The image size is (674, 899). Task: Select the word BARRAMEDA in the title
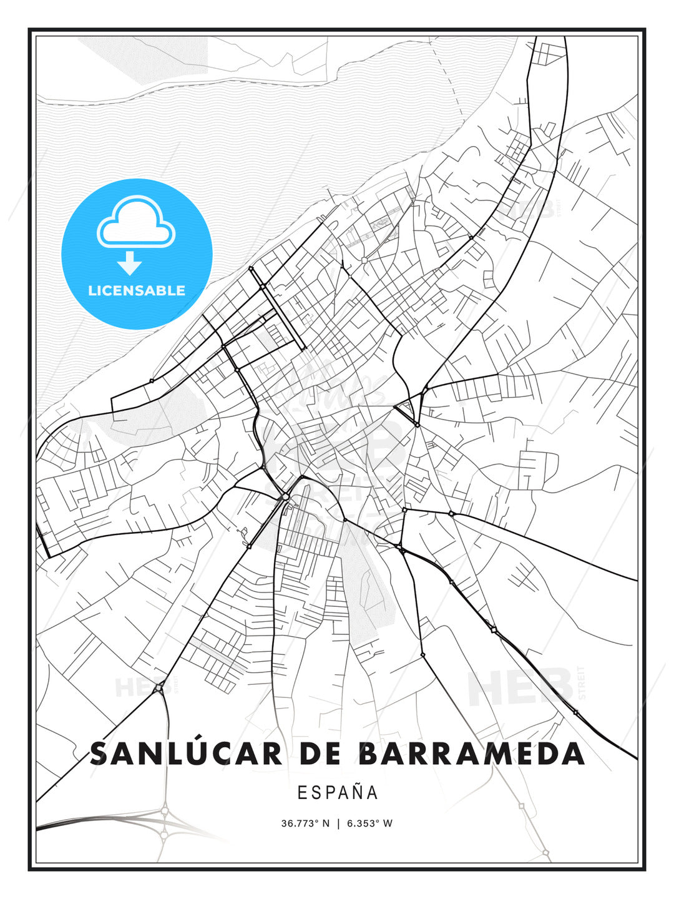[x=471, y=754]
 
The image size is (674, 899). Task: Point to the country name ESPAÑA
[x=338, y=792]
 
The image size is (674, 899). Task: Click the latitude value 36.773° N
[x=305, y=823]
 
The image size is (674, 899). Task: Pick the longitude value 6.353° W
[x=369, y=823]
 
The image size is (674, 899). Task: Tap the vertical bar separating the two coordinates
[x=338, y=823]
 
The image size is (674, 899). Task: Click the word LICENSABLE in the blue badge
[x=137, y=290]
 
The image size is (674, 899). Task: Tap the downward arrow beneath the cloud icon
[x=130, y=263]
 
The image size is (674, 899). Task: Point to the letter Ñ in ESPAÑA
[x=356, y=792]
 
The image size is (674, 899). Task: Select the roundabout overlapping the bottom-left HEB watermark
[x=160, y=688]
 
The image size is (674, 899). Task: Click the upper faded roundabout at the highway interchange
[x=165, y=810]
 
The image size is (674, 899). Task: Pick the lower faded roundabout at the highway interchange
[x=164, y=834]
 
